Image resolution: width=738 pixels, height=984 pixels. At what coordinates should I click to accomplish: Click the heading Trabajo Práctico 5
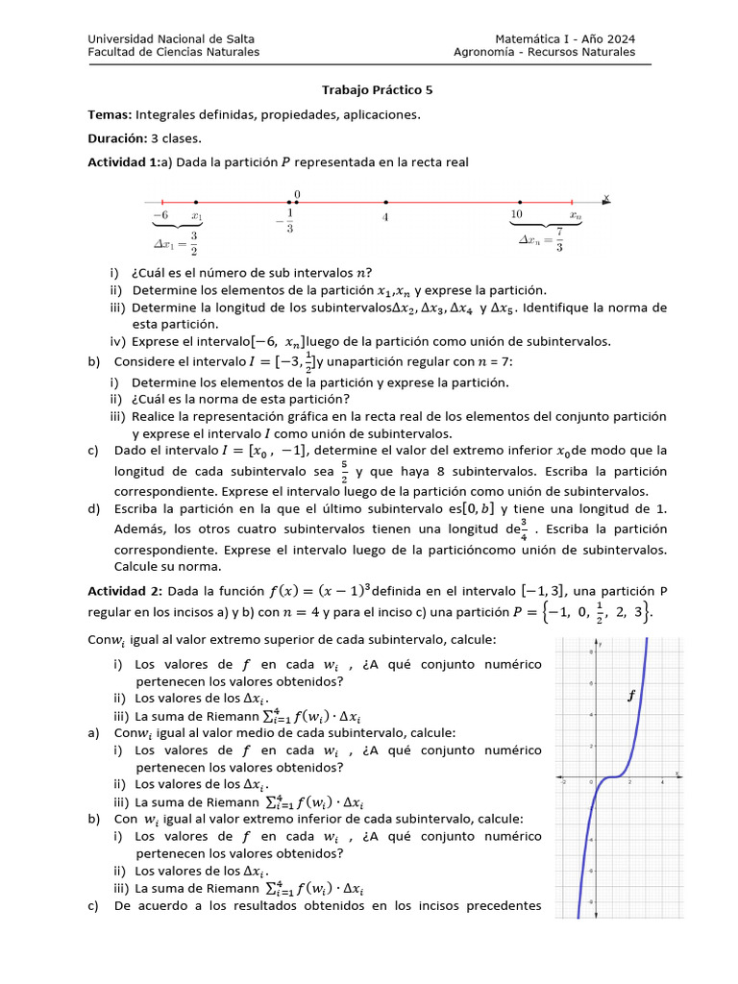(377, 90)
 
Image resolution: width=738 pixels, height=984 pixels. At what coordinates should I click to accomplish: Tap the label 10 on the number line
(517, 214)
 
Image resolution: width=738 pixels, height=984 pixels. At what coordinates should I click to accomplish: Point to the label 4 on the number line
(385, 218)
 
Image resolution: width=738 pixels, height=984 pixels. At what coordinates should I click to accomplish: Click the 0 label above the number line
(297, 194)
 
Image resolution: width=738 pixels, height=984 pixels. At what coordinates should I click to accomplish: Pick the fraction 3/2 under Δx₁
(193, 243)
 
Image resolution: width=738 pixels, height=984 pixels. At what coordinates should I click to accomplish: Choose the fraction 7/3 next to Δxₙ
(559, 240)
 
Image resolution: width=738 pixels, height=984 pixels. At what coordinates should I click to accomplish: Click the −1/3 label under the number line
(288, 221)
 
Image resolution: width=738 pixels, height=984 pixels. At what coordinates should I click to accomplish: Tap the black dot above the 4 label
(385, 203)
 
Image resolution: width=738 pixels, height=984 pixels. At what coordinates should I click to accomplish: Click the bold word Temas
(110, 114)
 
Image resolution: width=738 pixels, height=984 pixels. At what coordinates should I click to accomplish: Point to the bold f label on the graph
(631, 697)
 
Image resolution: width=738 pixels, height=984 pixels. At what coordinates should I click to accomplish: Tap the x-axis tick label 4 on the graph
(663, 782)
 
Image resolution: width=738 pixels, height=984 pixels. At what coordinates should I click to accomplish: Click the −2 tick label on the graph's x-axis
(563, 782)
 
